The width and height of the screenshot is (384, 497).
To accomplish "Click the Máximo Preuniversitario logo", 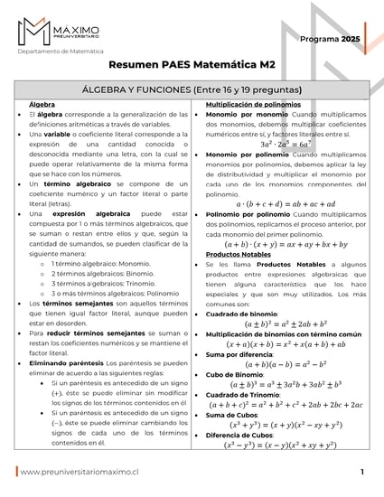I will (55, 32).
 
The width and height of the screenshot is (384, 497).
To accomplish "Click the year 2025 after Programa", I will (350, 40).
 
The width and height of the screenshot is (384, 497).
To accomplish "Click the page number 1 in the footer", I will (361, 472).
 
